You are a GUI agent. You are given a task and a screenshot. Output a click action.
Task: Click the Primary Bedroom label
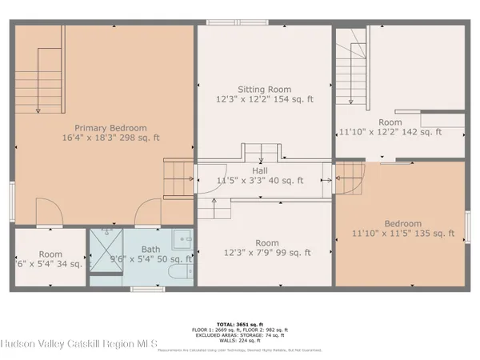tap(111, 127)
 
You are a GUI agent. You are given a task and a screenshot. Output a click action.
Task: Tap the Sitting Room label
tap(264, 90)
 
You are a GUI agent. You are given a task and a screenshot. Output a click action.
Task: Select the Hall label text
tap(260, 170)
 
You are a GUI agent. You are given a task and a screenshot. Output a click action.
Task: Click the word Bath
tap(150, 249)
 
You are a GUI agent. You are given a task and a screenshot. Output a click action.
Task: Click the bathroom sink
tap(185, 239)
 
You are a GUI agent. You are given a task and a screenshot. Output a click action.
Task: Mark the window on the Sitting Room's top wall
tap(225, 22)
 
